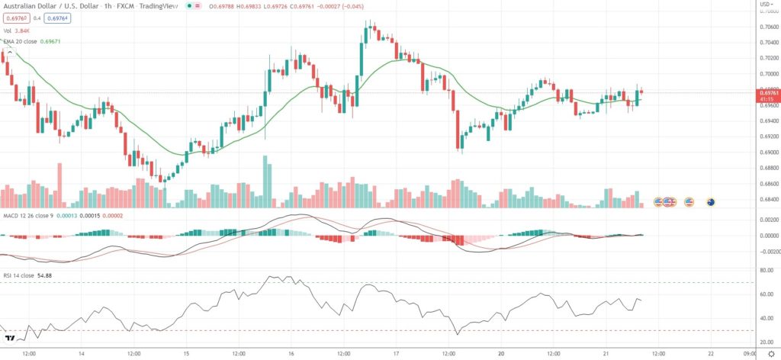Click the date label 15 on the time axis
[x=185, y=353]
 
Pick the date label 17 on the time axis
[x=397, y=353]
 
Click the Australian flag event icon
[x=711, y=202]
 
